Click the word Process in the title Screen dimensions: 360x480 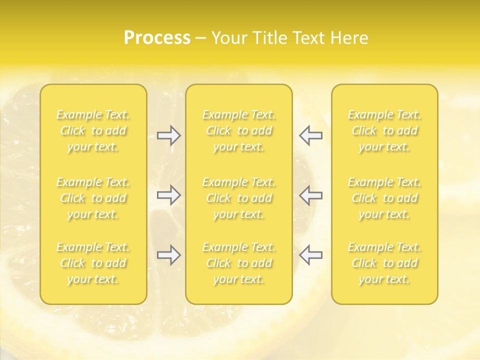pyautogui.click(x=157, y=38)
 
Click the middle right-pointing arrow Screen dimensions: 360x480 pyautogui.click(x=168, y=195)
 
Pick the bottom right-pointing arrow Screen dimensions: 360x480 pyautogui.click(x=168, y=255)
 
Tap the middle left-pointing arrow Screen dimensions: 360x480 pyautogui.click(x=310, y=195)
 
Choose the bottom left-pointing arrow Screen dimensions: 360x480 pyautogui.click(x=310, y=255)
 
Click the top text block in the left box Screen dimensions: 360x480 pyautogui.click(x=93, y=131)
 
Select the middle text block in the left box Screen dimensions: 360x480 pyautogui.click(x=93, y=198)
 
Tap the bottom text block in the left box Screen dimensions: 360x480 pyautogui.click(x=93, y=263)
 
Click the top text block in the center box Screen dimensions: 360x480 pyautogui.click(x=238, y=131)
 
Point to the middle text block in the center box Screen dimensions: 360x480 pyautogui.click(x=238, y=198)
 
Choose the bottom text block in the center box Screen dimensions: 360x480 pyautogui.click(x=238, y=263)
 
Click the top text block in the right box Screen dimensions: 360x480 pyautogui.click(x=384, y=131)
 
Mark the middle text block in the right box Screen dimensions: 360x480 pyautogui.click(x=384, y=198)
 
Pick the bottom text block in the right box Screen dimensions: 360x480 pyautogui.click(x=384, y=263)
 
